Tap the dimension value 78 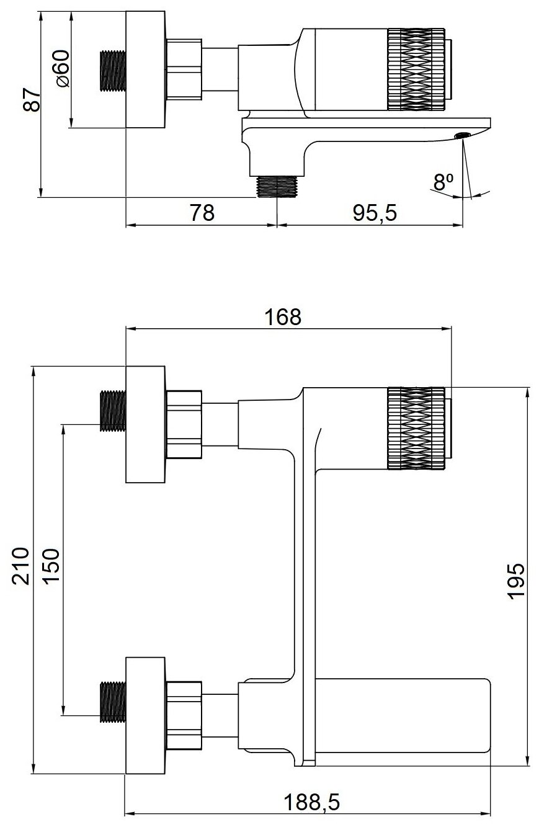click(x=202, y=213)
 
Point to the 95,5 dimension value click(x=374, y=213)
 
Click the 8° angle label click(x=443, y=182)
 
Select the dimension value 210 click(x=20, y=566)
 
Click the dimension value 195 click(x=516, y=581)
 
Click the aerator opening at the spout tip click(x=462, y=135)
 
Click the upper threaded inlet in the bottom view click(x=113, y=411)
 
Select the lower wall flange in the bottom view click(x=146, y=715)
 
